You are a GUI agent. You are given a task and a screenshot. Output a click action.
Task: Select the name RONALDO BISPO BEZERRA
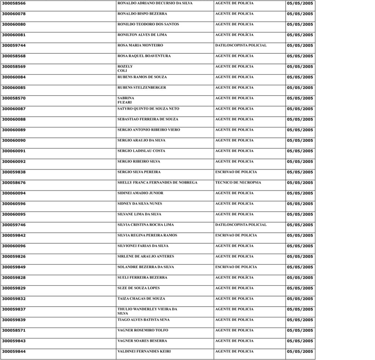point(142,14)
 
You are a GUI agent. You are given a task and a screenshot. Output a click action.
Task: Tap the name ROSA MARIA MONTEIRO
point(140,45)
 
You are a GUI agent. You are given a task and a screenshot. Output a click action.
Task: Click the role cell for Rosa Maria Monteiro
point(241,45)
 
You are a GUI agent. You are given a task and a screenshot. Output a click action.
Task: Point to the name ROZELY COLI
point(125,69)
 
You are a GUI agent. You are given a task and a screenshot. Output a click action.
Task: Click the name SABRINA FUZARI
point(126,100)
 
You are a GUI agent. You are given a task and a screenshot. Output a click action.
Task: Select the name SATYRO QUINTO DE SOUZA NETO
point(148,109)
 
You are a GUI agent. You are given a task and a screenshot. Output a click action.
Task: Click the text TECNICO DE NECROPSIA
point(238,183)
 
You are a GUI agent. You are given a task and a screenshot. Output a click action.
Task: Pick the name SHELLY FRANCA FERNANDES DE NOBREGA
point(157,183)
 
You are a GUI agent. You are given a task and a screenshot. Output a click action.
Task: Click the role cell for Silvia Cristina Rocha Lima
point(241,225)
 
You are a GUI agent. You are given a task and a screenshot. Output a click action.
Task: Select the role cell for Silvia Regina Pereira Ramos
point(236,235)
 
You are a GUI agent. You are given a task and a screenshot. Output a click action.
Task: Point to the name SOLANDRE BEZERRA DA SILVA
point(145,267)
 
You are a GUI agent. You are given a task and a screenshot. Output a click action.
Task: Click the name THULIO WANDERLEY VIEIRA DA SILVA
point(147,311)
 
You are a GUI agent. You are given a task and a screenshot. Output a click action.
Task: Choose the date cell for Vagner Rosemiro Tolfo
point(300,330)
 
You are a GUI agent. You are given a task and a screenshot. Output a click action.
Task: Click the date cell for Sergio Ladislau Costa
point(300,151)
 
